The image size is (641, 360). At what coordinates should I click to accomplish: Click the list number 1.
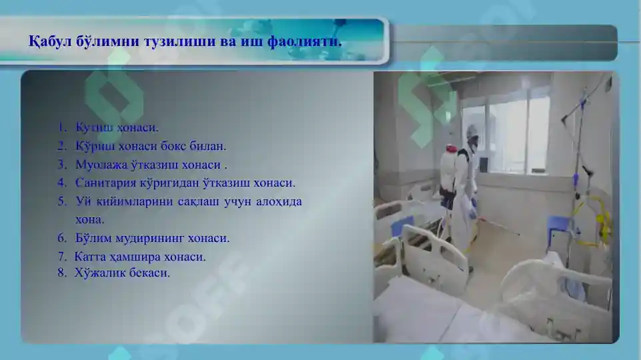click(x=61, y=127)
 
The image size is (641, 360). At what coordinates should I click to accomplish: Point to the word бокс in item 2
click(x=178, y=145)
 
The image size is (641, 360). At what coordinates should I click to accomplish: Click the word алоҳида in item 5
click(x=279, y=201)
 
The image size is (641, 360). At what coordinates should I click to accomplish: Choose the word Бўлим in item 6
click(x=91, y=237)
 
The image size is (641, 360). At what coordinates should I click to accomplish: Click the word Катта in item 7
click(x=90, y=256)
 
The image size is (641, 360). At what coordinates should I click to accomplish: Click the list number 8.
click(x=61, y=272)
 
